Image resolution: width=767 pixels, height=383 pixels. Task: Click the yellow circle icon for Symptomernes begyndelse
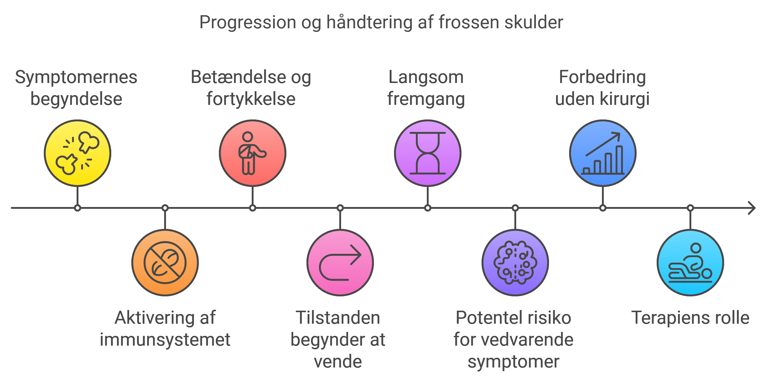click(78, 153)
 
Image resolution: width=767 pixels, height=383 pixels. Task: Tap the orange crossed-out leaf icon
click(165, 263)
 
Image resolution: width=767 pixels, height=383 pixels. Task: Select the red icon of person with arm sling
click(252, 153)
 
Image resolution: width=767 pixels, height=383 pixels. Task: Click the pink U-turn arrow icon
click(340, 263)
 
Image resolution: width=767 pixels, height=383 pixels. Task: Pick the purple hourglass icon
click(428, 153)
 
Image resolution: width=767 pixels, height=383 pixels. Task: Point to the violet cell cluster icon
click(515, 263)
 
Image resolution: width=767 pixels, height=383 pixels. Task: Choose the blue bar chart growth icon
click(603, 153)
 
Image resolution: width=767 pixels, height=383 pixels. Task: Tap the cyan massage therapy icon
click(690, 263)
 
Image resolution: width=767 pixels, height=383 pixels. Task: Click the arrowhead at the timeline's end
click(752, 208)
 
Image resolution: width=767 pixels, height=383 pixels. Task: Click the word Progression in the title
click(247, 22)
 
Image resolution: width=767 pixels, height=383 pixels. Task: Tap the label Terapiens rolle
click(690, 318)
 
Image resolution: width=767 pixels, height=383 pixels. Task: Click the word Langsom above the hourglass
click(426, 77)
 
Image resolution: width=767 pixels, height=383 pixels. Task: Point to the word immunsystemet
click(165, 340)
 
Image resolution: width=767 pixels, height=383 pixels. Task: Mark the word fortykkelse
click(251, 99)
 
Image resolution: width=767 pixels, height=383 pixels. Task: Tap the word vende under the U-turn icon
click(338, 362)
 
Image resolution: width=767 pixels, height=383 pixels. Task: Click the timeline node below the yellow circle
click(78, 208)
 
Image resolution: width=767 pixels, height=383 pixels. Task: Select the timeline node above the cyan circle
click(690, 208)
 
